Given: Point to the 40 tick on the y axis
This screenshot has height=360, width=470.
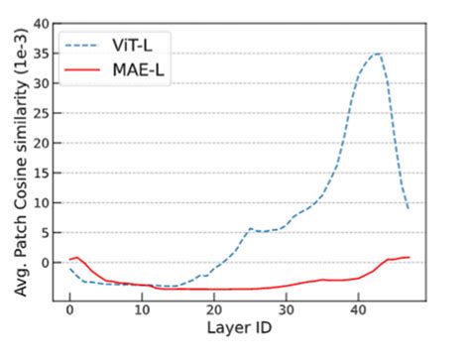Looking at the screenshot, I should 42,22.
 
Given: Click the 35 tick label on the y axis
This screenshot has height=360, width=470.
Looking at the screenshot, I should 42,53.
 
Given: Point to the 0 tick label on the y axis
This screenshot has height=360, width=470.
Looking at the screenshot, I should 46,263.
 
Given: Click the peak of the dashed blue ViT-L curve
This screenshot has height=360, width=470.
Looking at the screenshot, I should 378,54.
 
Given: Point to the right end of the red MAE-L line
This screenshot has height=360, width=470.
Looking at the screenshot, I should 409,258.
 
